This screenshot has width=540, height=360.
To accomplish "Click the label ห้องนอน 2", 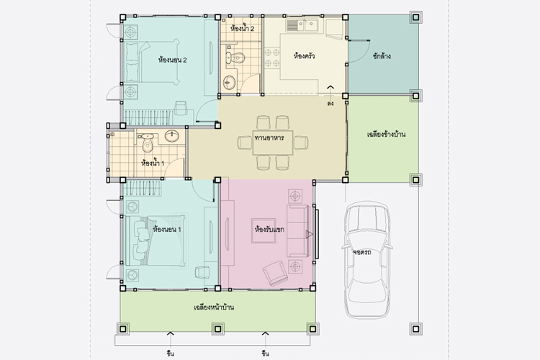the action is [173, 60].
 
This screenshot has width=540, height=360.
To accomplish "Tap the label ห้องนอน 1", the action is [167, 229].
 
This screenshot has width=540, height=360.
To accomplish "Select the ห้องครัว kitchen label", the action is [304, 55].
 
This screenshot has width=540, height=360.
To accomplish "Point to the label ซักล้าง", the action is [382, 56].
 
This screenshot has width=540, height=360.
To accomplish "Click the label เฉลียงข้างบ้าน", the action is [386, 134].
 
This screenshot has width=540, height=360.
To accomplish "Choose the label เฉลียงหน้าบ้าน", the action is [214, 307].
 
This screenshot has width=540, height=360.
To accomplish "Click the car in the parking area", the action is [367, 259].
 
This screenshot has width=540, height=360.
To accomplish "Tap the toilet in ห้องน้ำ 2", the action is [235, 58].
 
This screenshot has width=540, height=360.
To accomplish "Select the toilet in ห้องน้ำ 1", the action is [148, 143].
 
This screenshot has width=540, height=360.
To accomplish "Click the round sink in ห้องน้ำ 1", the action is [171, 136].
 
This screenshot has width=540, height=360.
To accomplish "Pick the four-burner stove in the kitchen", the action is [272, 58].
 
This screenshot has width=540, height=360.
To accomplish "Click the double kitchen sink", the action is [302, 24].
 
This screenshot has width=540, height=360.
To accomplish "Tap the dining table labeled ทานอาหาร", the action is [273, 143].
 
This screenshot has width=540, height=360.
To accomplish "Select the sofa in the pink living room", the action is [298, 231].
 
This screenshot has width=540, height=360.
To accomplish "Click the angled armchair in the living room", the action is [275, 272].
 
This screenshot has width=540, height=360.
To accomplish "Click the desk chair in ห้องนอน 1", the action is [202, 272].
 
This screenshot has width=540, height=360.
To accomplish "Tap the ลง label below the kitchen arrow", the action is [330, 104].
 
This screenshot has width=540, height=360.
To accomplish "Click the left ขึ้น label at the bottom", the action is [170, 354].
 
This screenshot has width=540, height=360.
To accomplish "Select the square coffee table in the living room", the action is [264, 230].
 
